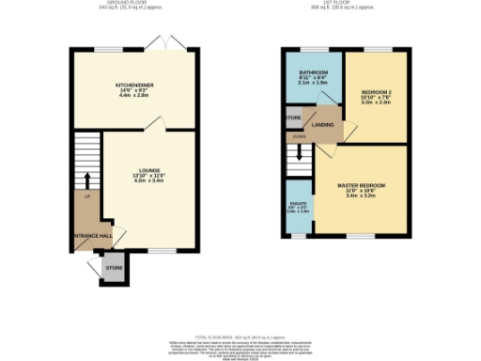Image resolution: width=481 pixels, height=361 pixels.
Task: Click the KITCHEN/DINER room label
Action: pyautogui.click(x=134, y=84)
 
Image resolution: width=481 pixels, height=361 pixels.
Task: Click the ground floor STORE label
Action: pyautogui.click(x=114, y=268)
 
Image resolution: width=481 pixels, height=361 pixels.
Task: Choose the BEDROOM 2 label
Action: pyautogui.click(x=375, y=92)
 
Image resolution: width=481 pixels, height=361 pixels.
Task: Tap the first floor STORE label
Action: pyautogui.click(x=293, y=118)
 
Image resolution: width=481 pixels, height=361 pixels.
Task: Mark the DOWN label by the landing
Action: pyautogui.click(x=300, y=136)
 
